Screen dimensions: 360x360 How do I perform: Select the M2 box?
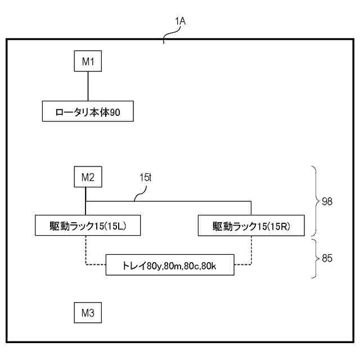click(88, 178)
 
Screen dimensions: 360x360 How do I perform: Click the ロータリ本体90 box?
click(87, 112)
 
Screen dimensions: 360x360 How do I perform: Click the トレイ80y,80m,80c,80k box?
click(169, 264)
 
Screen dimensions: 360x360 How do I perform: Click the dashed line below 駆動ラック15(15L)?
click(85, 250)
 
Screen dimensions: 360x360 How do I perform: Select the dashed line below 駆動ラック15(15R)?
click(251, 250)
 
